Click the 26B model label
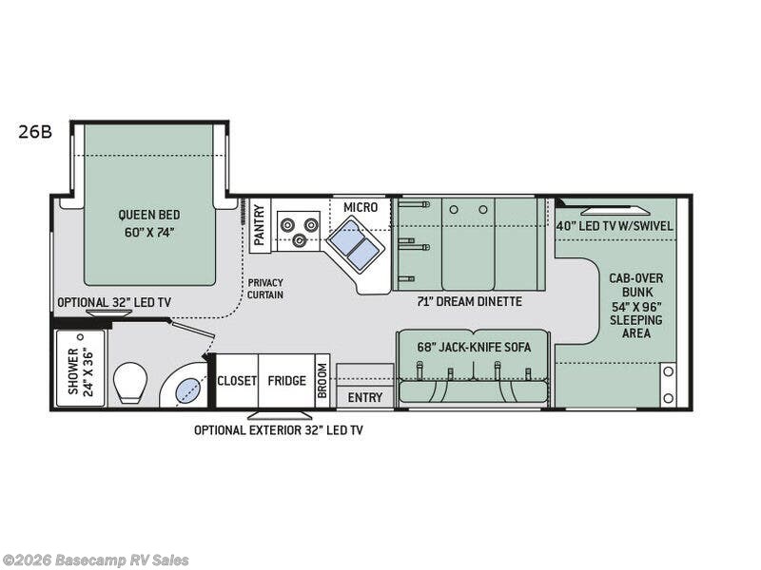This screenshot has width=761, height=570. [x=34, y=132]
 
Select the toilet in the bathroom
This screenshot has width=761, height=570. [x=129, y=382]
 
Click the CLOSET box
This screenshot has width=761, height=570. [x=237, y=381]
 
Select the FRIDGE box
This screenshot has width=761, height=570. [x=286, y=381]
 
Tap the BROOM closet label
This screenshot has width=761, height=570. [x=322, y=381]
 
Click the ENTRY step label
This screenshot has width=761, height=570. [x=364, y=396]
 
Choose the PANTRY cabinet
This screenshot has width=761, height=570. [x=258, y=225]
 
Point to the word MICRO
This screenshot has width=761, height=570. [x=361, y=207]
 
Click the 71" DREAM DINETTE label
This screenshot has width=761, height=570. [x=469, y=301]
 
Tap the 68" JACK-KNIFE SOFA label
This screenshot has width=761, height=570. [x=473, y=346]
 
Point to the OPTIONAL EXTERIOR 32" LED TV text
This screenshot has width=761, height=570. [x=278, y=429]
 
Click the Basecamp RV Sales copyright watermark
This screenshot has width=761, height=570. [x=95, y=560]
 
